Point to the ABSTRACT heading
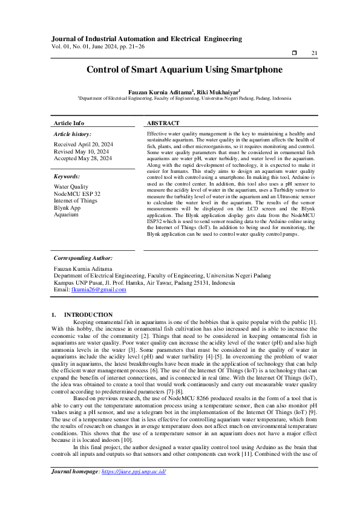[163, 123]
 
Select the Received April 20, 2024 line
[83, 144]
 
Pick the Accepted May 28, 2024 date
[83, 158]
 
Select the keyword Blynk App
[69, 207]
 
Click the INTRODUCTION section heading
[88, 314]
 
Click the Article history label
[73, 134]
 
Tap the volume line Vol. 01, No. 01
[98, 46]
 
